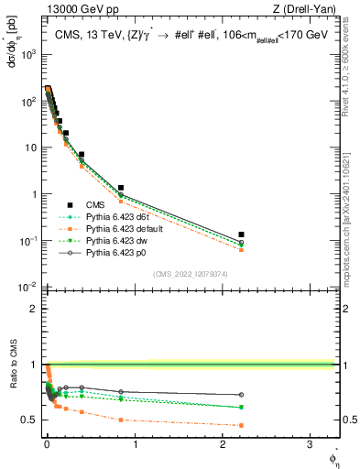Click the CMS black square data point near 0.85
tap(121, 188)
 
